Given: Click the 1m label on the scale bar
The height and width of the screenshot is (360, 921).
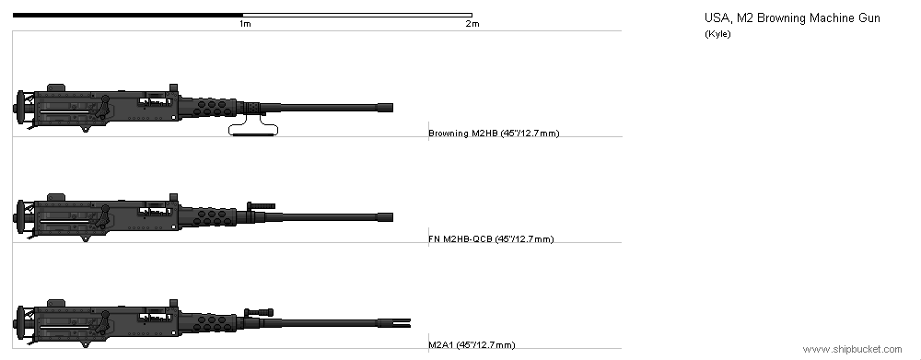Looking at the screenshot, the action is (245, 24).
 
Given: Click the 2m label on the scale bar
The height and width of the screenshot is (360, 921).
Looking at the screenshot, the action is (472, 24).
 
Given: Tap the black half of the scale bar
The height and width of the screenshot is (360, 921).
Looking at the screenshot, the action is (127, 15).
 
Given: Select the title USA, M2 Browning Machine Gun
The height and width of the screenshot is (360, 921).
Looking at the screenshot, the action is (792, 18).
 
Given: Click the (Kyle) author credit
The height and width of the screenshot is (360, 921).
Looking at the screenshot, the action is (717, 34).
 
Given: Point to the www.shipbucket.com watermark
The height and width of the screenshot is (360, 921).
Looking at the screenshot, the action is (852, 350).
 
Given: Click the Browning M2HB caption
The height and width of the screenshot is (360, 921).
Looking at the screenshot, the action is (494, 134).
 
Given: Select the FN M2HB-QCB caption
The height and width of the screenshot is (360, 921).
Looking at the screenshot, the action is (491, 239).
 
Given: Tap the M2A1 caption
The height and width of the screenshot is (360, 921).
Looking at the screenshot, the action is (472, 344).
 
